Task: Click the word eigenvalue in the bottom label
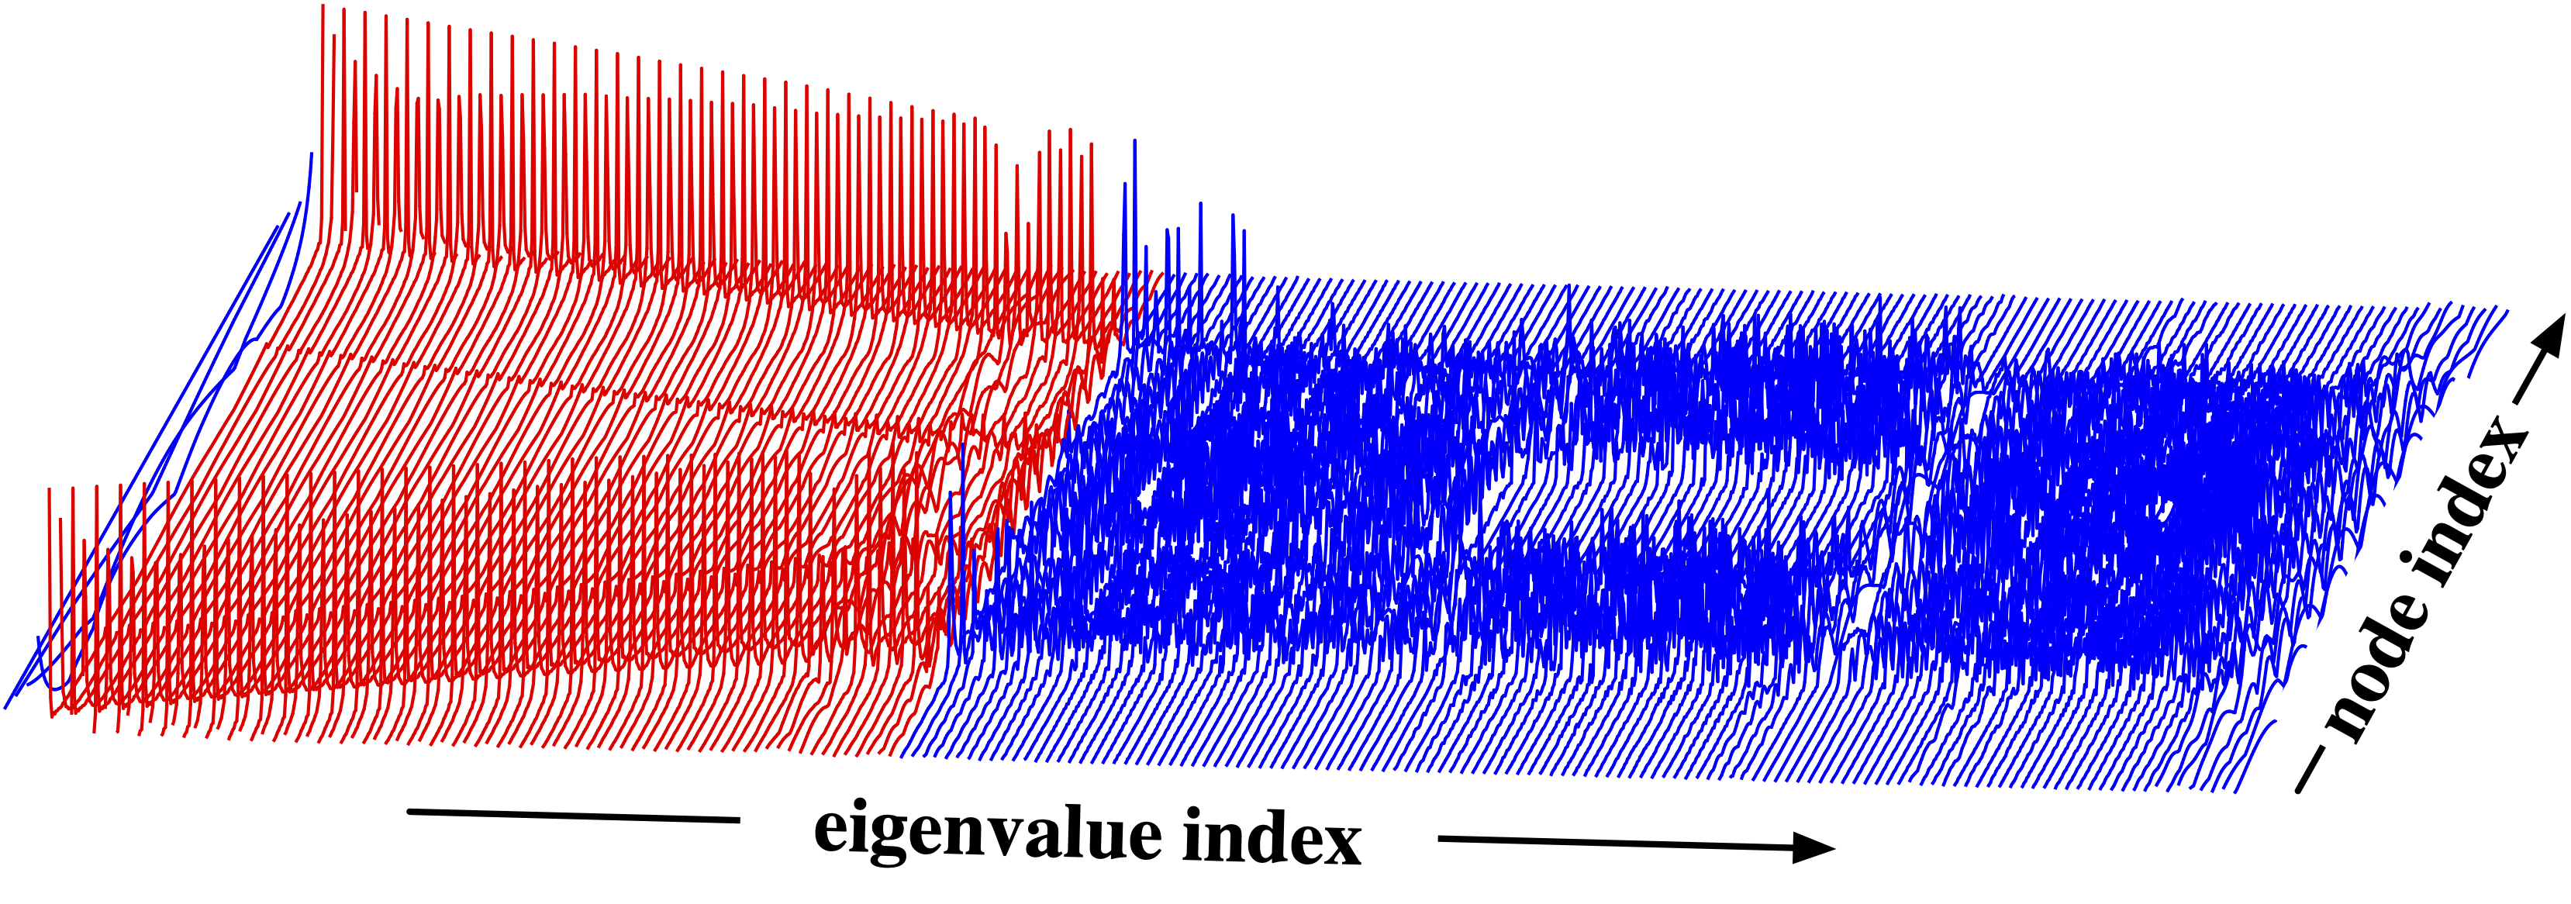pos(988,832)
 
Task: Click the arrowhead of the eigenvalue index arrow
pos(1811,848)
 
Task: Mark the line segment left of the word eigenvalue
pos(574,815)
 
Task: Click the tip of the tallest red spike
pos(323,8)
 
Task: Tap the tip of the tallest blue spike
pos(1135,142)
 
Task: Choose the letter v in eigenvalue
pos(1001,832)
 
